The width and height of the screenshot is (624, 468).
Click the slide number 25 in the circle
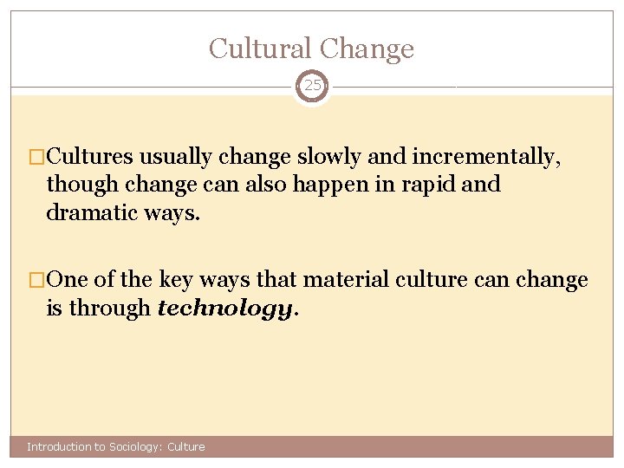312,87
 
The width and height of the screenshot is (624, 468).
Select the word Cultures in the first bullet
91,157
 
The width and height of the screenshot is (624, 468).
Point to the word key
167,281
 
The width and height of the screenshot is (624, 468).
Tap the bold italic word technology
225,309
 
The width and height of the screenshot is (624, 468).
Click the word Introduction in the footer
59,447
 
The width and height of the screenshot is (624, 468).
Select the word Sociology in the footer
132,447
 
